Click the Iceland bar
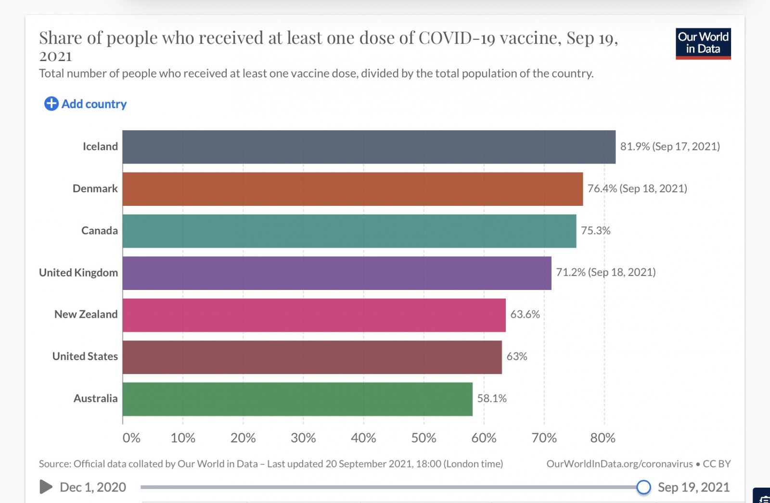(369, 147)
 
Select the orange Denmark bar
(352, 189)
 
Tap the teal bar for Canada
(349, 231)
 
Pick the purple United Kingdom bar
(337, 273)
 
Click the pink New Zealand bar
(314, 315)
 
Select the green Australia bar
(297, 399)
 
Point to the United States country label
(85, 356)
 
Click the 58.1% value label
(492, 399)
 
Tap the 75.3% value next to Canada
(595, 231)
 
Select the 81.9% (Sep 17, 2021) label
(670, 147)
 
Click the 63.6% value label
(525, 314)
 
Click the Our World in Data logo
(703, 43)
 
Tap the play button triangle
(46, 487)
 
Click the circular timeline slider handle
(643, 487)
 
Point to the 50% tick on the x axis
(423, 438)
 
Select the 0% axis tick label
(131, 438)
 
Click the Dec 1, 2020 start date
(93, 488)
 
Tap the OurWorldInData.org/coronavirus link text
(619, 464)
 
